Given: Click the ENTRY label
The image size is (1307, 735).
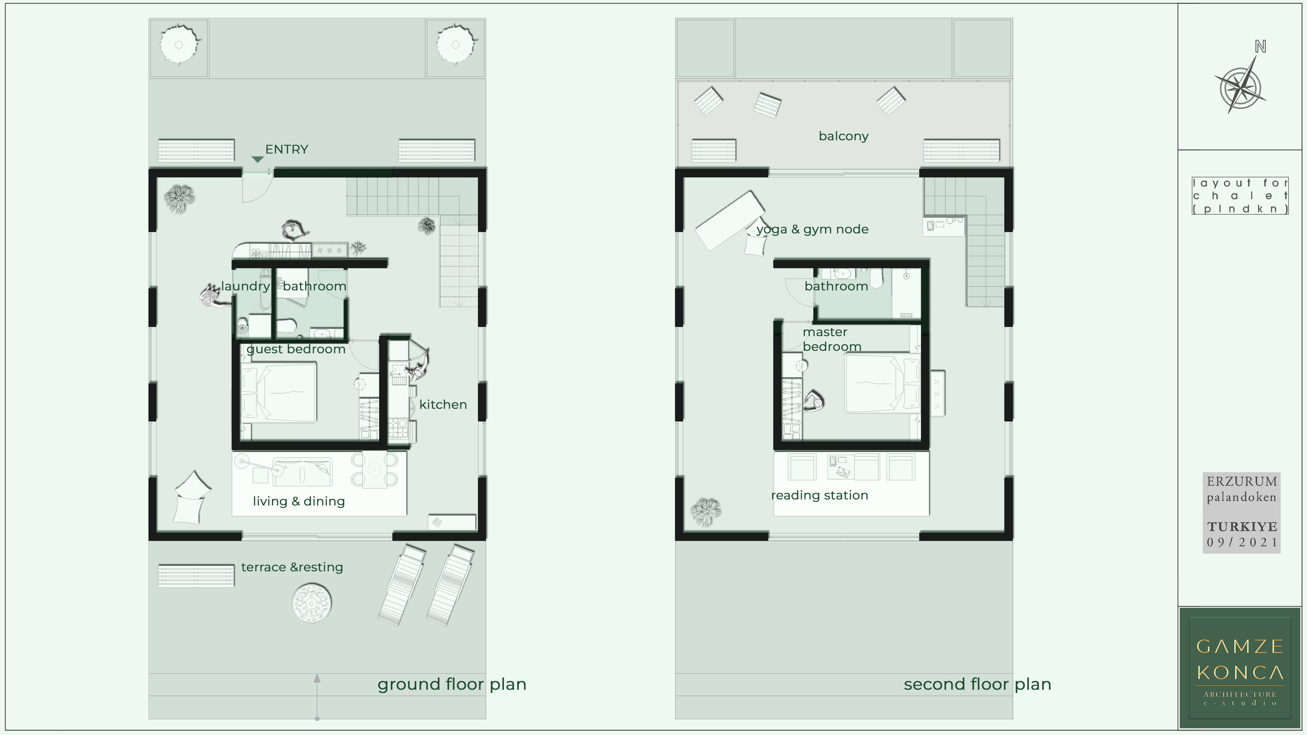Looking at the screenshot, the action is coord(287,149).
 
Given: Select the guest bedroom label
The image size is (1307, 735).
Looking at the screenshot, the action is coord(296,349).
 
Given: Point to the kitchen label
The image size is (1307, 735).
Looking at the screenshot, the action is coord(443,404).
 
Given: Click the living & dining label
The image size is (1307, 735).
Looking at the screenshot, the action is coord(299,501).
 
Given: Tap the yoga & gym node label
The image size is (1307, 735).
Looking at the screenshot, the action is coord(812,229).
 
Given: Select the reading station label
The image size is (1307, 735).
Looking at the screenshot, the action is coord(819,495).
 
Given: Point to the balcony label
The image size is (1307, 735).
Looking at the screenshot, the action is coord(843,136).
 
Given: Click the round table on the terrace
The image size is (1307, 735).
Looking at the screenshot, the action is coord(312,603).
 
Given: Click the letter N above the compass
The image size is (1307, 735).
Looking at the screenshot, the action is coord(1260,47).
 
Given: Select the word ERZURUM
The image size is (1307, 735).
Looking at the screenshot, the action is coord(1241,481).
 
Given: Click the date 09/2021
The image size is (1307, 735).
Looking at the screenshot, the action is coord(1241,542).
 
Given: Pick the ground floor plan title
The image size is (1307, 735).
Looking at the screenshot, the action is coord(452,684).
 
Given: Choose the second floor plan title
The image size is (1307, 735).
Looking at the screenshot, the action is coord(977,684).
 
